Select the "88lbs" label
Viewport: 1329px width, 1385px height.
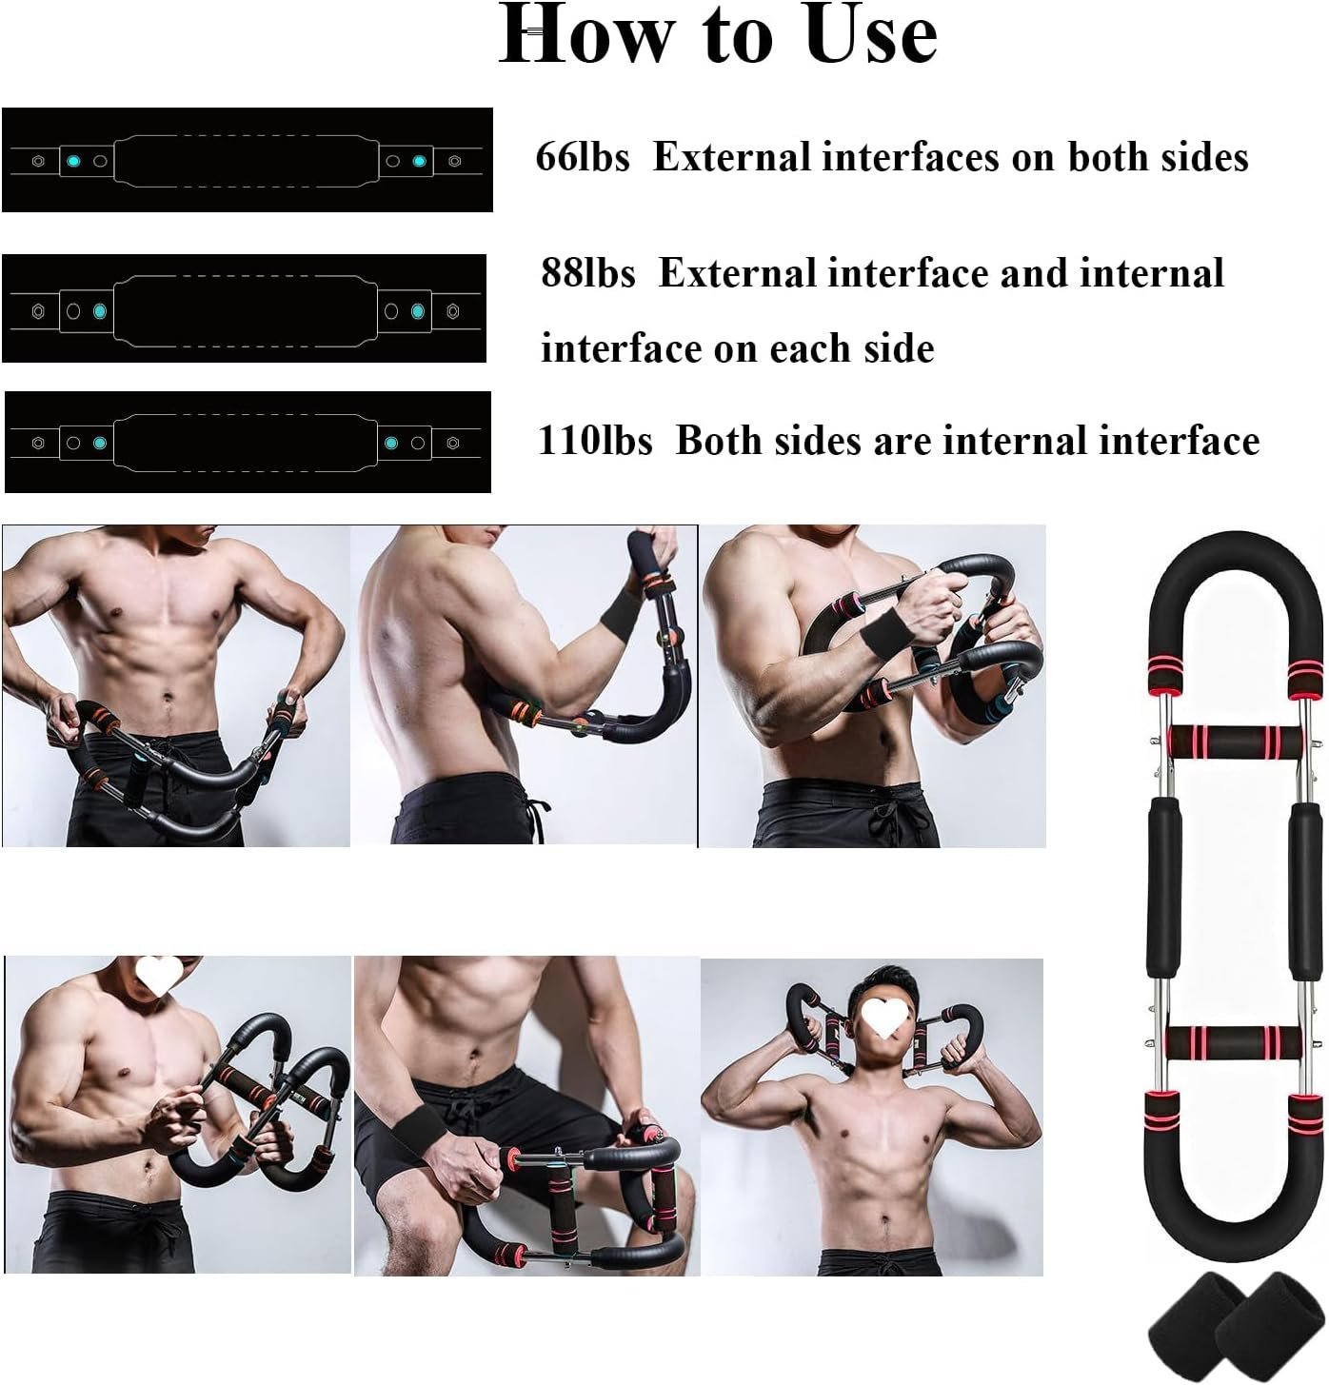pyautogui.click(x=588, y=272)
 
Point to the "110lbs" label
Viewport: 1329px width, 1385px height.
pyautogui.click(x=594, y=440)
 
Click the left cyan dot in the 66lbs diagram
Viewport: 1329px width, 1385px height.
pyautogui.click(x=72, y=161)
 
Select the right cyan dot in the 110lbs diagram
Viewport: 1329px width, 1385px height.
pyautogui.click(x=391, y=443)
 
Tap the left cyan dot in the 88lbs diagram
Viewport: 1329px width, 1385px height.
pyautogui.click(x=100, y=311)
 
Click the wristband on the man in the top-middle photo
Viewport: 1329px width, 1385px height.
pyautogui.click(x=620, y=612)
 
